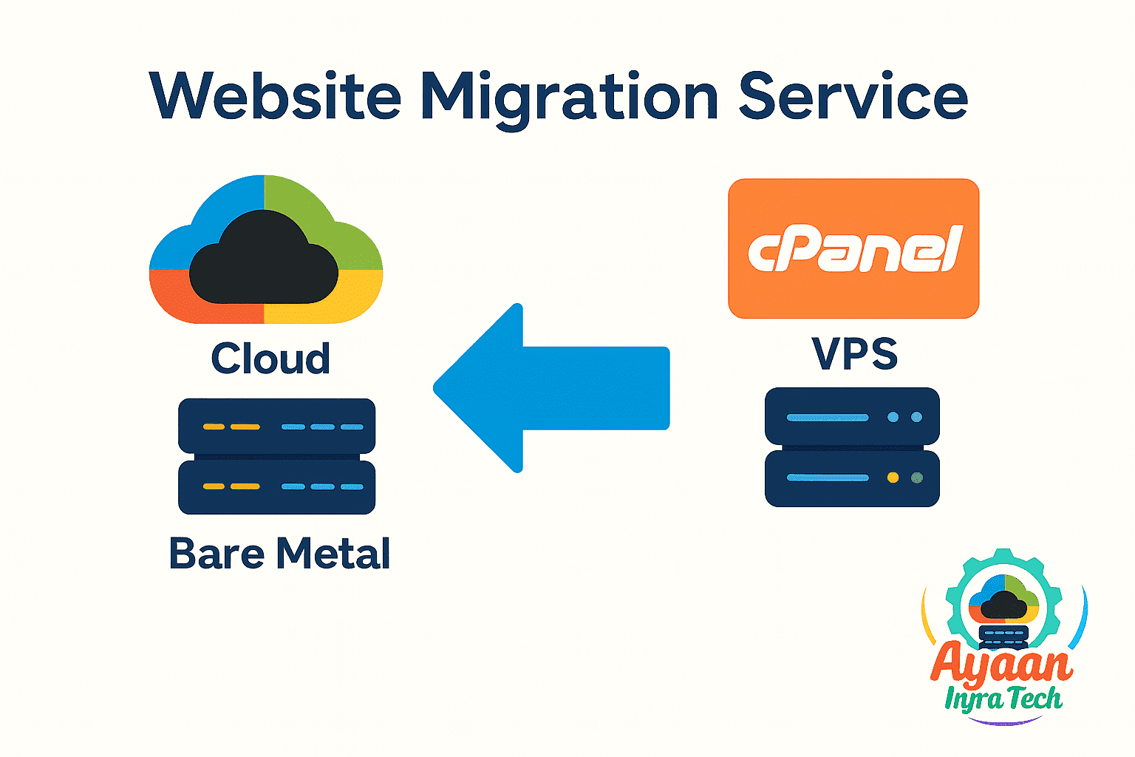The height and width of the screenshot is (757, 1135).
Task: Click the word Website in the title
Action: tap(275, 97)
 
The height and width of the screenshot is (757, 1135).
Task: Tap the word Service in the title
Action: tap(853, 97)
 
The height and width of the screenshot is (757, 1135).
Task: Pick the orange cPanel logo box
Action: tap(853, 248)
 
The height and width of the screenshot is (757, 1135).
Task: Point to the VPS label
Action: tap(855, 354)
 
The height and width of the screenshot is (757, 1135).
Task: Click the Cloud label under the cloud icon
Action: tap(270, 359)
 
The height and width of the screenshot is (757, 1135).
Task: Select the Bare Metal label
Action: tap(279, 553)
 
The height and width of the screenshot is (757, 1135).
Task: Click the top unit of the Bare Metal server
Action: tap(276, 426)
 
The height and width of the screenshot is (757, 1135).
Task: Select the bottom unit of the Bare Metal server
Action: tap(276, 486)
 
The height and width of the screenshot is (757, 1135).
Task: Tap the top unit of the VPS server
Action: tap(852, 416)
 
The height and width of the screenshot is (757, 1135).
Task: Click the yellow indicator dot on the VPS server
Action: tap(893, 478)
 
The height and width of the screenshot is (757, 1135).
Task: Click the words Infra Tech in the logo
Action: tap(1003, 699)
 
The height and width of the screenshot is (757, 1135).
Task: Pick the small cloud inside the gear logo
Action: tap(1003, 605)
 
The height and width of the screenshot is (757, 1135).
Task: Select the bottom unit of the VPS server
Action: tap(852, 478)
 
